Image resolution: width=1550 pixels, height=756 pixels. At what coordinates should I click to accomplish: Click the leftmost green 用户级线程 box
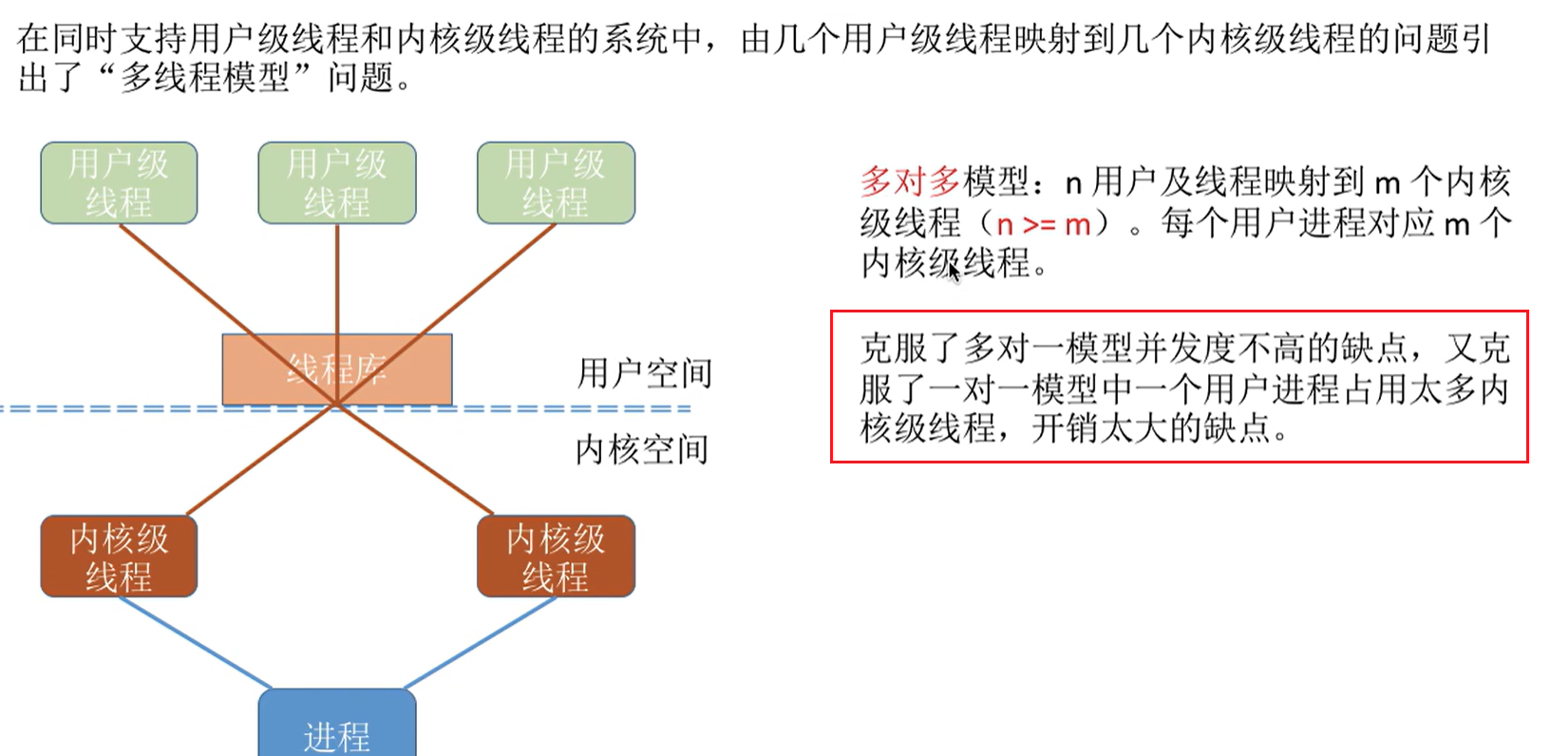click(x=119, y=183)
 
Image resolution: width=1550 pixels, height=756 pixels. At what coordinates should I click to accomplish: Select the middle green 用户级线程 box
click(x=337, y=183)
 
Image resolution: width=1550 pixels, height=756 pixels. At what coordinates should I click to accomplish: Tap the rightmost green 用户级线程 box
click(x=556, y=183)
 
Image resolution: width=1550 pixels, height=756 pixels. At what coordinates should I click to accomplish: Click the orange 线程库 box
click(x=337, y=369)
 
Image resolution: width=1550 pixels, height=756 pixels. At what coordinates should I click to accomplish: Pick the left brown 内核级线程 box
click(x=119, y=557)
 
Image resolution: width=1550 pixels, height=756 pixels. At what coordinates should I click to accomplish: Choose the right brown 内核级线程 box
click(x=556, y=557)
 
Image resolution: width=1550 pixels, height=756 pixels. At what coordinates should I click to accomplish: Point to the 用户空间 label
click(x=645, y=373)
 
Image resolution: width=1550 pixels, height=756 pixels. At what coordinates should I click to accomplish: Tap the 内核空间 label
click(x=642, y=449)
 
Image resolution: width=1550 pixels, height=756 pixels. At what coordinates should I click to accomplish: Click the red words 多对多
click(x=911, y=180)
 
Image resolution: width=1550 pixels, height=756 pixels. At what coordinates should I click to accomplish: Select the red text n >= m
click(x=1042, y=224)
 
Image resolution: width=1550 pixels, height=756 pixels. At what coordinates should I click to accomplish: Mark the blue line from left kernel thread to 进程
click(x=195, y=642)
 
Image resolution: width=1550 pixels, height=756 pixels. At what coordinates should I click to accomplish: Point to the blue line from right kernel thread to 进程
click(x=480, y=642)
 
